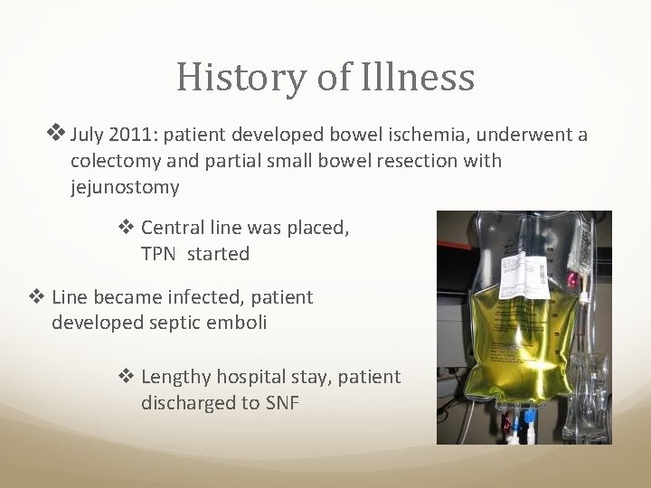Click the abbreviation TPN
tap(161, 254)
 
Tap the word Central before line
tap(175, 229)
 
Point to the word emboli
tap(238, 322)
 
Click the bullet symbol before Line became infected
tap(40, 296)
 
